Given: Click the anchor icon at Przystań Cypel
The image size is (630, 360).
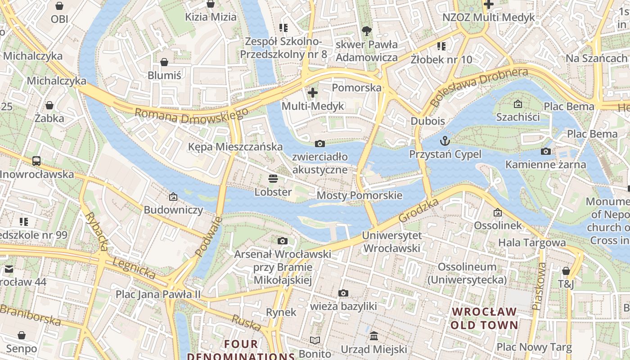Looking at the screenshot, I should pos(445,141).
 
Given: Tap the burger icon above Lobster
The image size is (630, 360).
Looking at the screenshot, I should pos(273,179).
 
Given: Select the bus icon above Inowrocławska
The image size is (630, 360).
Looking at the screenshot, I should pos(36,161).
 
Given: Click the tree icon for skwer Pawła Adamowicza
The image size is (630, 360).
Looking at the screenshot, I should pos(367,31).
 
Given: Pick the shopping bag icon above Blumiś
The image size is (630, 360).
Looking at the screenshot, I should pos(164,62).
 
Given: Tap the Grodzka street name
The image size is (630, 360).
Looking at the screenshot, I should pos(418,210).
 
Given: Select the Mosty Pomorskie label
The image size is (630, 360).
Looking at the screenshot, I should pos(359,195).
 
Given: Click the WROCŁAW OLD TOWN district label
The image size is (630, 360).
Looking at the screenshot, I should pos(484,318).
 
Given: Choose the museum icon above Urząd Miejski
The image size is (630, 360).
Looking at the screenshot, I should pos(374,336).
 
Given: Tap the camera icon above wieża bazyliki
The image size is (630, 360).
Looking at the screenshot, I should pos(343,293).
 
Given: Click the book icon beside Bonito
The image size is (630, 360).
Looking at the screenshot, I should pos(315,340).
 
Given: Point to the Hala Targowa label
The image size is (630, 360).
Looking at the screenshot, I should pos(531,243).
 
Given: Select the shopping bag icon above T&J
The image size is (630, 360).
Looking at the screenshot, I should pos(566,271).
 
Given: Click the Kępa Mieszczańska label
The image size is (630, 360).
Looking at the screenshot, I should pos(235,147).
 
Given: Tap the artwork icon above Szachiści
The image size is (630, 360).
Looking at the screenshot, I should pos(518,104).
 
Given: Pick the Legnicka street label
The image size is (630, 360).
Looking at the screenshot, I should pos(134,266).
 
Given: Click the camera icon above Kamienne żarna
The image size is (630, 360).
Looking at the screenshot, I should pos(546,151).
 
